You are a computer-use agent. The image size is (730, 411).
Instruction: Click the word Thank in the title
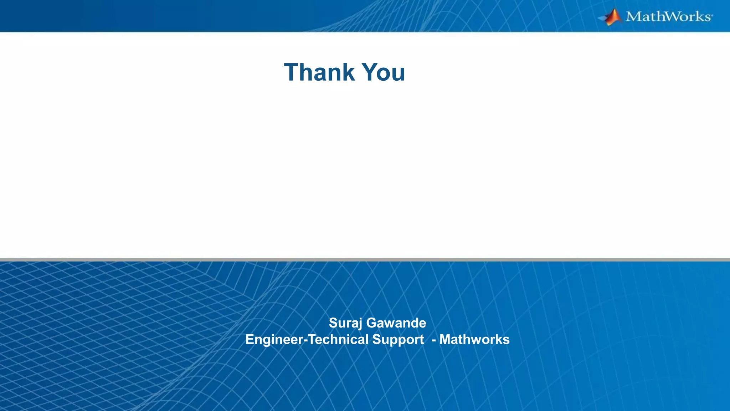[x=319, y=72]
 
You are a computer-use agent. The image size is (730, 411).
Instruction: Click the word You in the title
[x=384, y=72]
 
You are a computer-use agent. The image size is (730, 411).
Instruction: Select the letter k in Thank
[x=349, y=72]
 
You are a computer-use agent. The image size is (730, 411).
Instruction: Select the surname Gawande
[x=396, y=323]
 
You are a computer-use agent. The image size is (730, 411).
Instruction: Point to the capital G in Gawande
[x=372, y=323]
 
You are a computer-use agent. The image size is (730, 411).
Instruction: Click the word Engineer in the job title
[x=274, y=340]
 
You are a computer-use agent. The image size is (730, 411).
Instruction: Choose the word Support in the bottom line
[x=398, y=340]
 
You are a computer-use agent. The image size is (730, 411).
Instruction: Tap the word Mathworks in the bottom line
[x=474, y=340]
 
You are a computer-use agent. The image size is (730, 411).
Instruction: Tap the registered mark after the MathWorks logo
[x=712, y=16]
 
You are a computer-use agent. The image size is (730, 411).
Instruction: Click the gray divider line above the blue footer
[x=365, y=260]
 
